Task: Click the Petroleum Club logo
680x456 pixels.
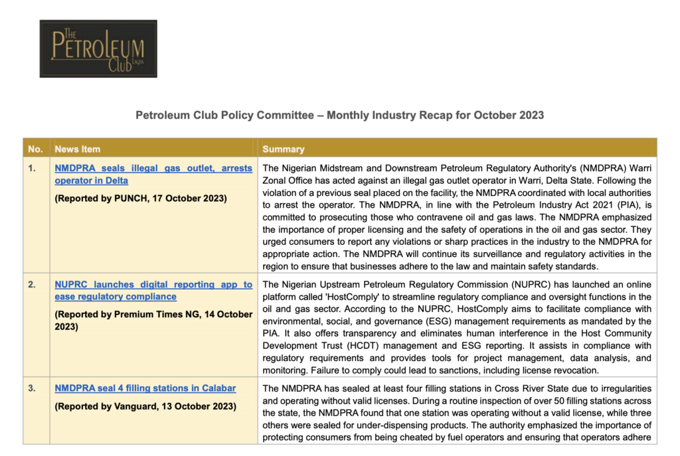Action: [98, 48]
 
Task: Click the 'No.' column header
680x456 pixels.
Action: [35, 149]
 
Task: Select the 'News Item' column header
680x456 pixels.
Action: [78, 149]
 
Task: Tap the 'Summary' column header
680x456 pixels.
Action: [284, 149]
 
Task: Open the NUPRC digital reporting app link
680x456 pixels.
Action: [153, 290]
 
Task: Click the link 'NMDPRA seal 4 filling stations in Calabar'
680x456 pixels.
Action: [145, 388]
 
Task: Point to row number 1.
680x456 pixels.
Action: [32, 168]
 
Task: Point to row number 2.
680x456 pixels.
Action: [32, 284]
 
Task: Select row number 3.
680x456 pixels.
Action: [32, 388]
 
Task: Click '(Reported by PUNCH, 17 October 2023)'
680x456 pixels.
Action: [141, 198]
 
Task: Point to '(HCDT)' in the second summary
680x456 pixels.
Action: [406, 346]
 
